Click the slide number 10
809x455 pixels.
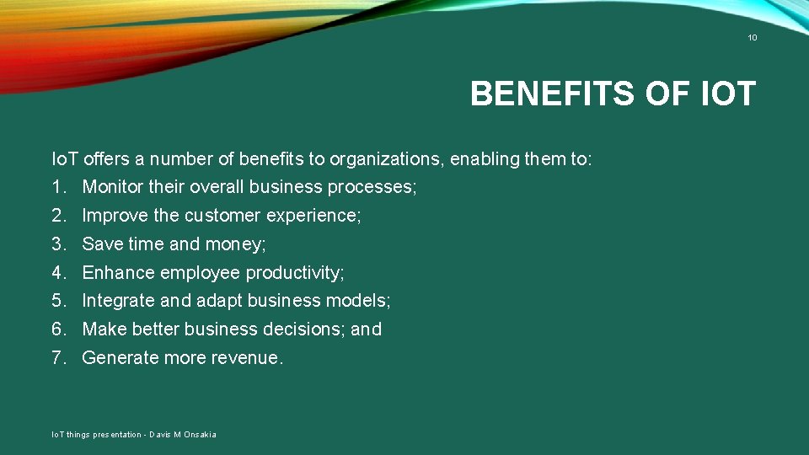coord(753,38)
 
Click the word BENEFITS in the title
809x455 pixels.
coord(553,94)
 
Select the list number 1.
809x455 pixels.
coord(58,187)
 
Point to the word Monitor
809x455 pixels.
coord(113,187)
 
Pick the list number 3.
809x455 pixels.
coord(58,244)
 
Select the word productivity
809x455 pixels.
coord(294,273)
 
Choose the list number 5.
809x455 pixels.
coord(58,301)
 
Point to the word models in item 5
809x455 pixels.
coord(360,301)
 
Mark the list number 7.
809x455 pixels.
coord(58,358)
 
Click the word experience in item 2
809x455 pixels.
coord(313,216)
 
